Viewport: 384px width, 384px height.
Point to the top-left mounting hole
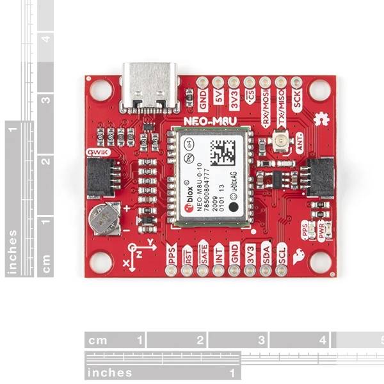click(x=100, y=90)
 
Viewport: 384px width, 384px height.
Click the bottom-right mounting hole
click(x=319, y=261)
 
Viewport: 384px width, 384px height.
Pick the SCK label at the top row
click(x=297, y=99)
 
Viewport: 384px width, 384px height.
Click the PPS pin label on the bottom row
click(x=171, y=253)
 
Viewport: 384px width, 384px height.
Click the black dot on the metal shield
click(x=234, y=207)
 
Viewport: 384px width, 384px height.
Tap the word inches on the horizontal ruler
click(x=111, y=372)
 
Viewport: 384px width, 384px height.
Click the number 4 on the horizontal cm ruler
click(x=323, y=340)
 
